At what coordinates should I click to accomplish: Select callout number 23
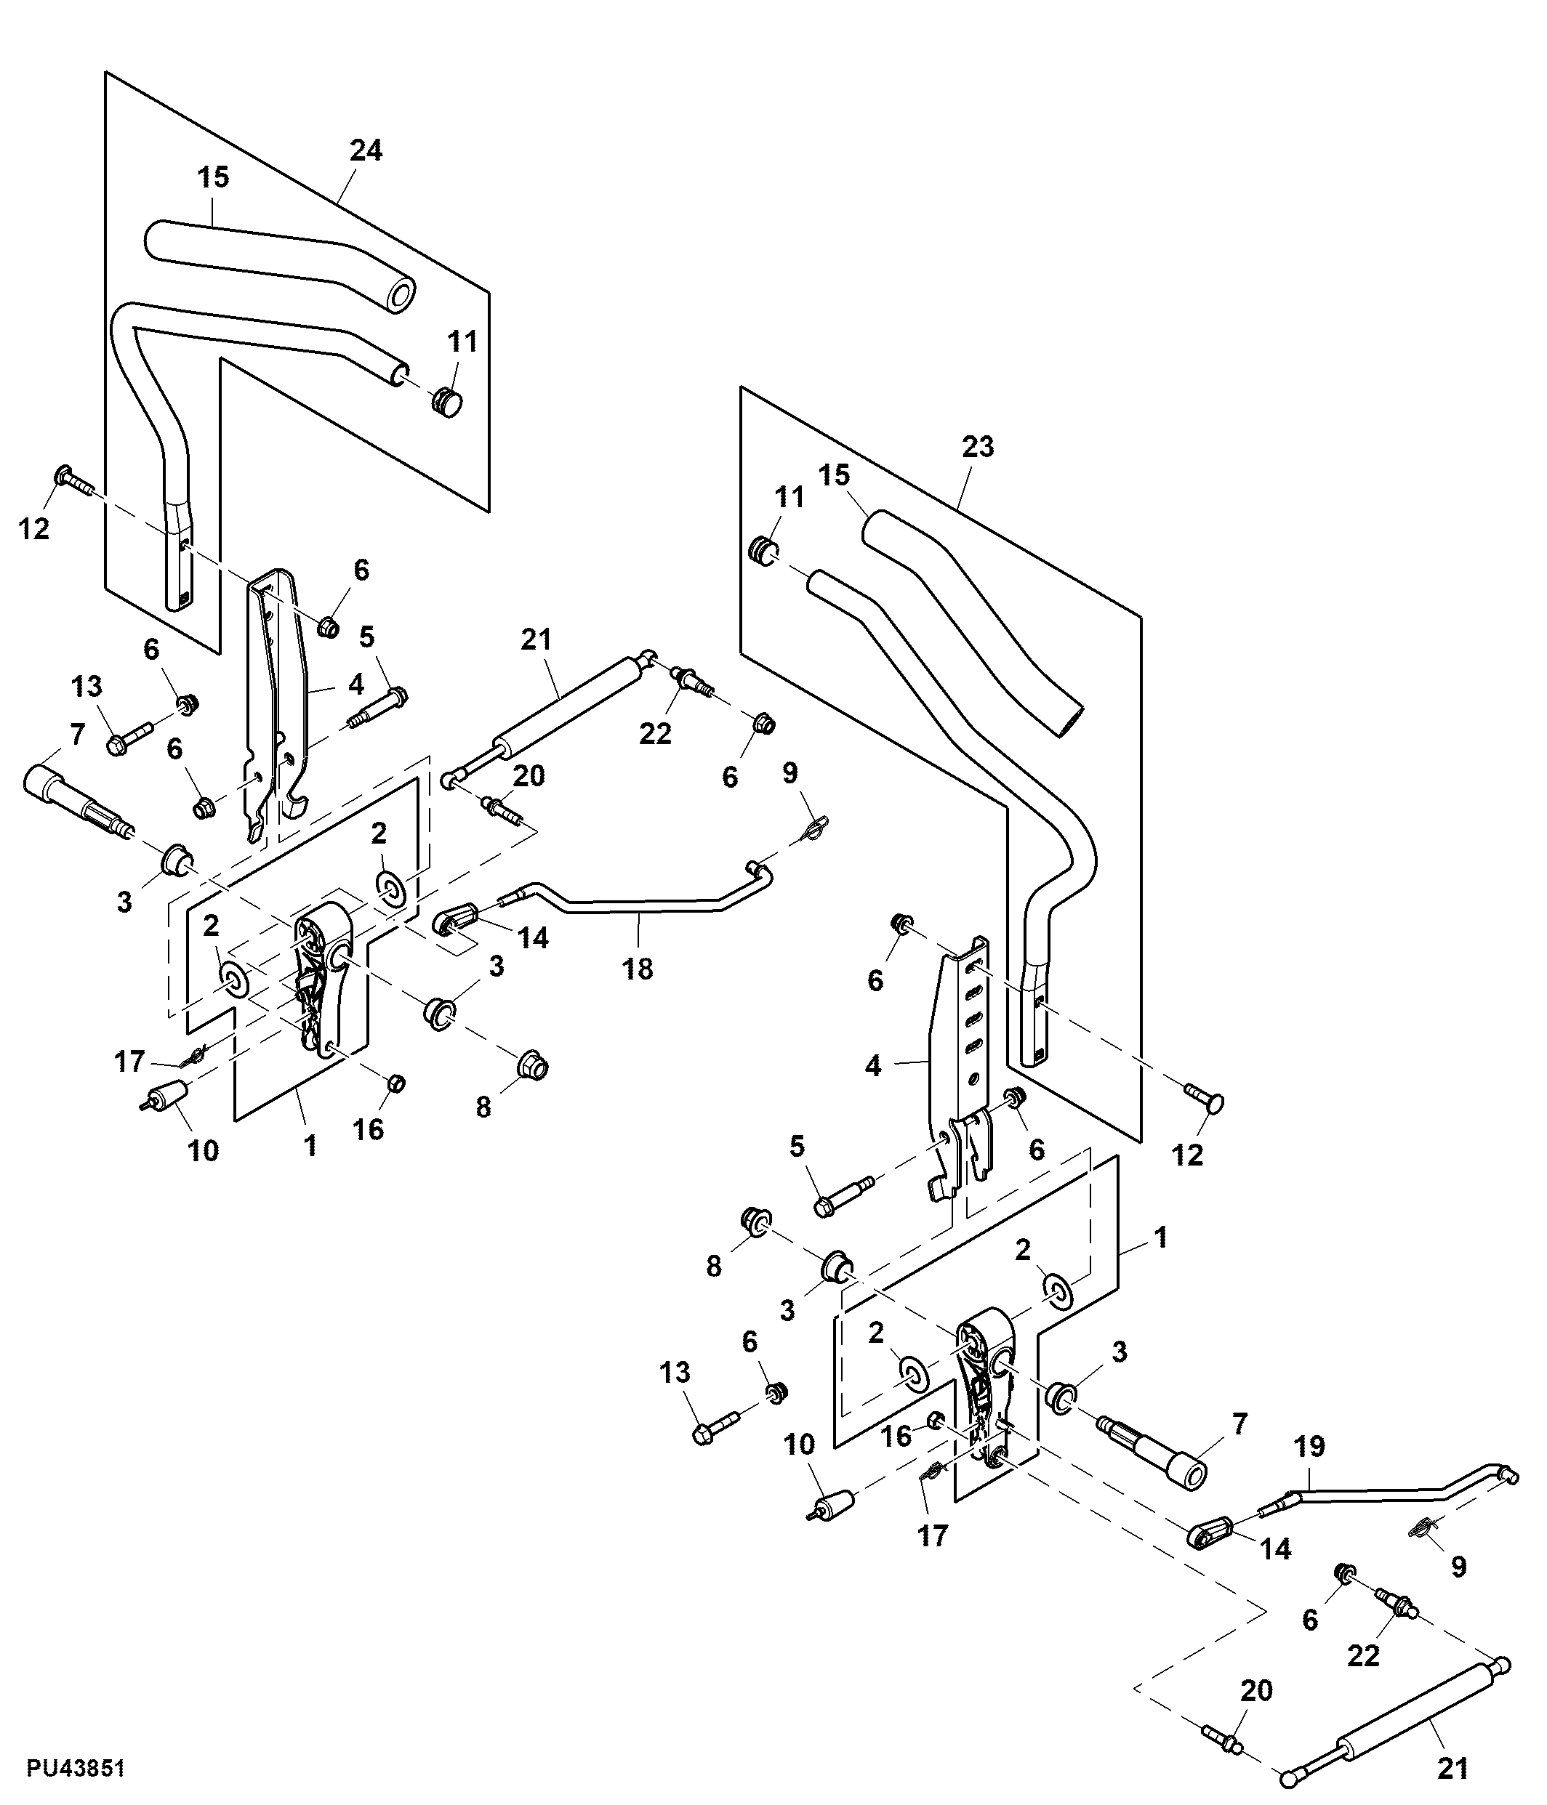(x=978, y=447)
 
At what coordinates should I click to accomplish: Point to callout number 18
(x=638, y=968)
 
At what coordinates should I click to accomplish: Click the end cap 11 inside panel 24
(x=447, y=403)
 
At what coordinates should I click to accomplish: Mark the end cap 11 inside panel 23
(x=763, y=552)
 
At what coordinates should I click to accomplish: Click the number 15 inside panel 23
(x=834, y=476)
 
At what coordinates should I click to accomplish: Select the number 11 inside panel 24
(x=463, y=342)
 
